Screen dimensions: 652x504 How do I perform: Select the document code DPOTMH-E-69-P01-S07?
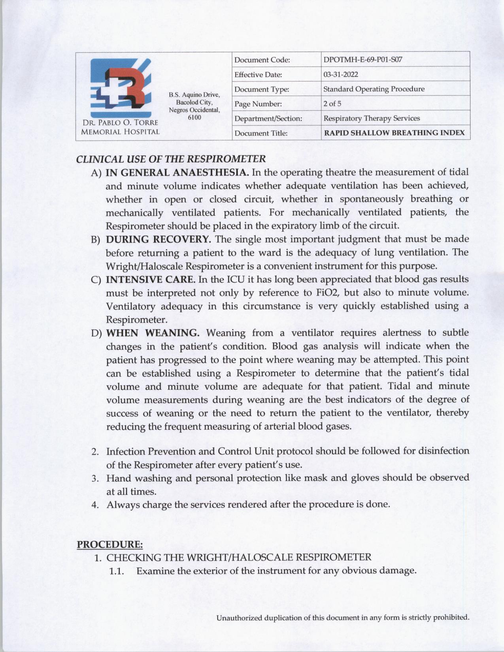(362, 60)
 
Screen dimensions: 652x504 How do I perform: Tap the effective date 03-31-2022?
(341, 75)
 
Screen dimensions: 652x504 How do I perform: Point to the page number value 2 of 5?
(332, 104)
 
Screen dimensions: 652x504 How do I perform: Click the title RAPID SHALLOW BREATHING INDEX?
(394, 133)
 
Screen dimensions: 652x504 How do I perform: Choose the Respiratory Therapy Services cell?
(372, 118)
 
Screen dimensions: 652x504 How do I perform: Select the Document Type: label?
(262, 89)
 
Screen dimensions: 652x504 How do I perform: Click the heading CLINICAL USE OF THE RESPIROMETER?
(171, 159)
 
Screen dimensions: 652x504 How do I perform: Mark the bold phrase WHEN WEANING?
(153, 333)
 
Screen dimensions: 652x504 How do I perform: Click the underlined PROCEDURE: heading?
(109, 544)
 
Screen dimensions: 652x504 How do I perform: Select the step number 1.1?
(117, 571)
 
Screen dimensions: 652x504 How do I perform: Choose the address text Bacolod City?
(194, 102)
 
